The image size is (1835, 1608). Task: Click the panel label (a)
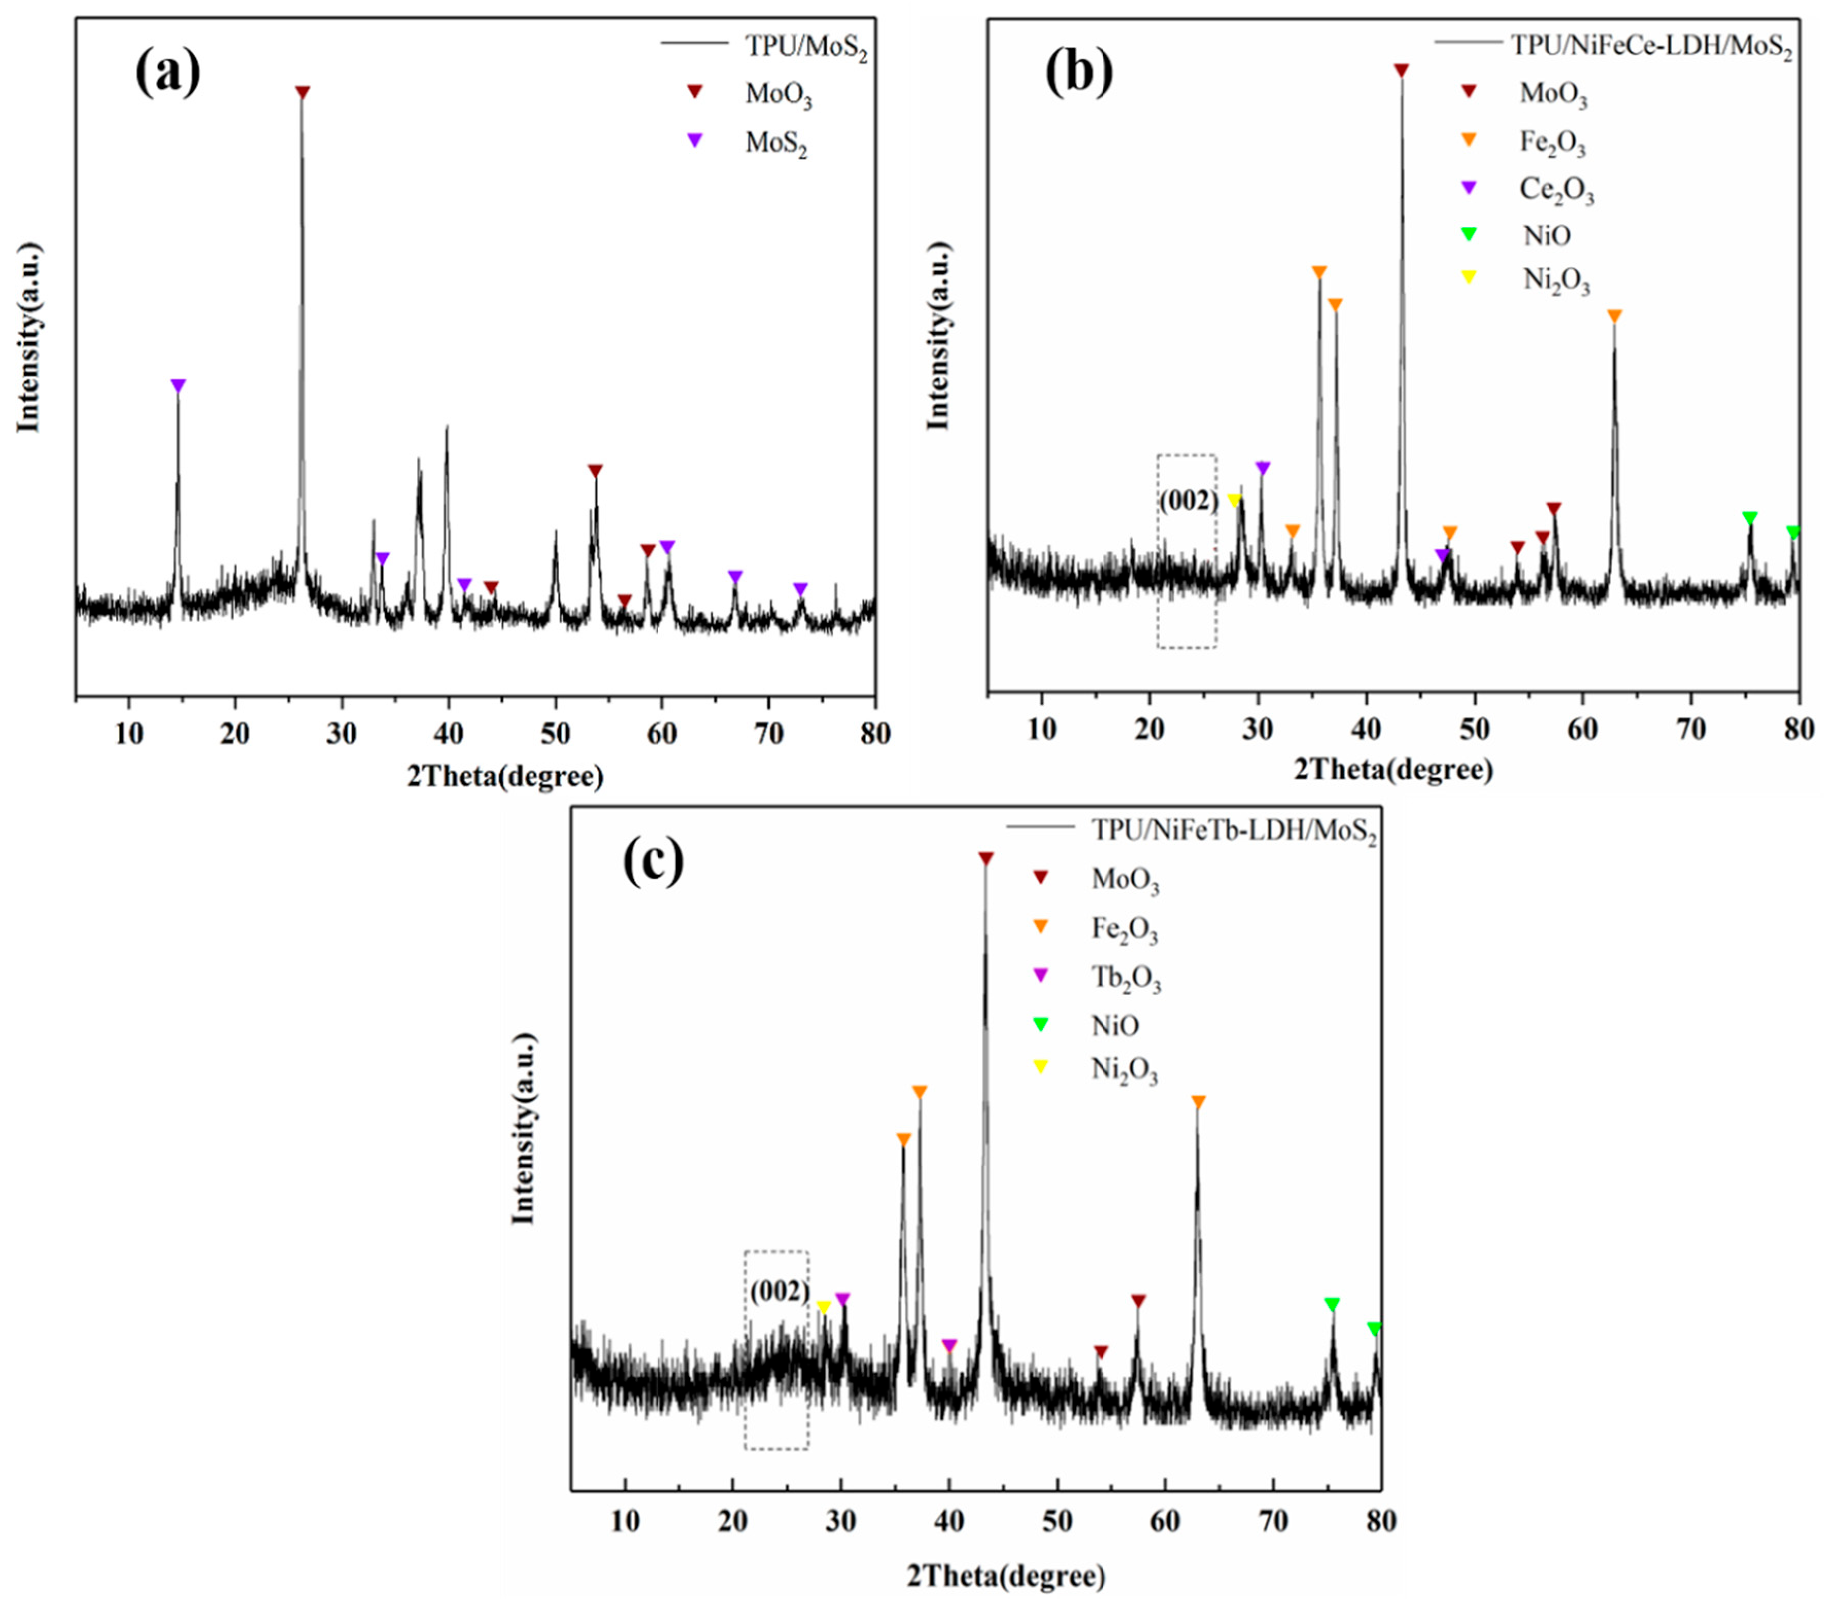coord(168,74)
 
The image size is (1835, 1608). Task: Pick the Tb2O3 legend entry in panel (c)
coord(1125,978)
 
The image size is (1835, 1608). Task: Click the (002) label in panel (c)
coord(779,1291)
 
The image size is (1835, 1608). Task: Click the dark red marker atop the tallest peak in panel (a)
coord(303,93)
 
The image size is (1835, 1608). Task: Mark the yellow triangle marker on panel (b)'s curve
coord(1234,500)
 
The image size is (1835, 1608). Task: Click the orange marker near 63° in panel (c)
coord(1197,1102)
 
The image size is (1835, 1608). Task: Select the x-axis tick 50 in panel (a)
coord(555,734)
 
